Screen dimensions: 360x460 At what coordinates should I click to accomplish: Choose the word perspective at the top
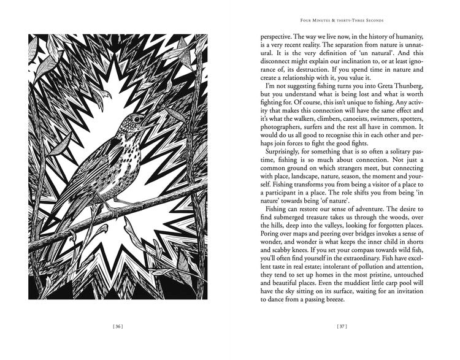274,36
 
